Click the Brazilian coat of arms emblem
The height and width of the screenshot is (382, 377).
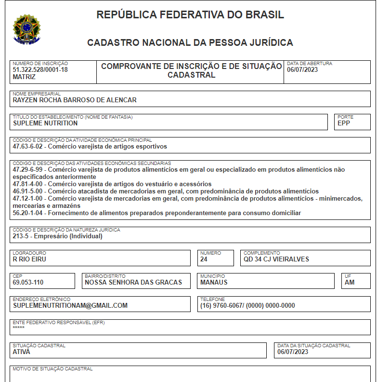tap(27, 29)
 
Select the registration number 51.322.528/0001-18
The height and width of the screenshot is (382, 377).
tap(40, 69)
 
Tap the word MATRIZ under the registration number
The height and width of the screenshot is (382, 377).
tap(24, 77)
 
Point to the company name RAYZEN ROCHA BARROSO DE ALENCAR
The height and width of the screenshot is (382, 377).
tap(75, 100)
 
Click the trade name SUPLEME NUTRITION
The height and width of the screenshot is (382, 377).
tap(45, 123)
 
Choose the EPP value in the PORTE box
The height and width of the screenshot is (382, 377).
tap(344, 123)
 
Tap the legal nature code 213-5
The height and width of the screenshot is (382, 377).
tap(22, 236)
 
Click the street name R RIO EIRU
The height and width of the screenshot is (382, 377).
tap(29, 259)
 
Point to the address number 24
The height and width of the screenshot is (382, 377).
tap(204, 259)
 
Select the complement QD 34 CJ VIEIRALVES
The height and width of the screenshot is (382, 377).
tap(276, 259)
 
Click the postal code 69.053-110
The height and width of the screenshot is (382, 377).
tap(28, 282)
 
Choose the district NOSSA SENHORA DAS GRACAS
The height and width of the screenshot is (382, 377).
tap(133, 282)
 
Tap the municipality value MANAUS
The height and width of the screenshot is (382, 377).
tap(214, 282)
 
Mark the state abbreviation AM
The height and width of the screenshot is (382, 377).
tap(350, 282)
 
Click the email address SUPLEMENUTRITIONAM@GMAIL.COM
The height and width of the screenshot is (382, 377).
tap(70, 305)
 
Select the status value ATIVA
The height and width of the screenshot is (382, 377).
tap(21, 352)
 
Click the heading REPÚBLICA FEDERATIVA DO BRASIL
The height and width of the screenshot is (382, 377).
tap(190, 15)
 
